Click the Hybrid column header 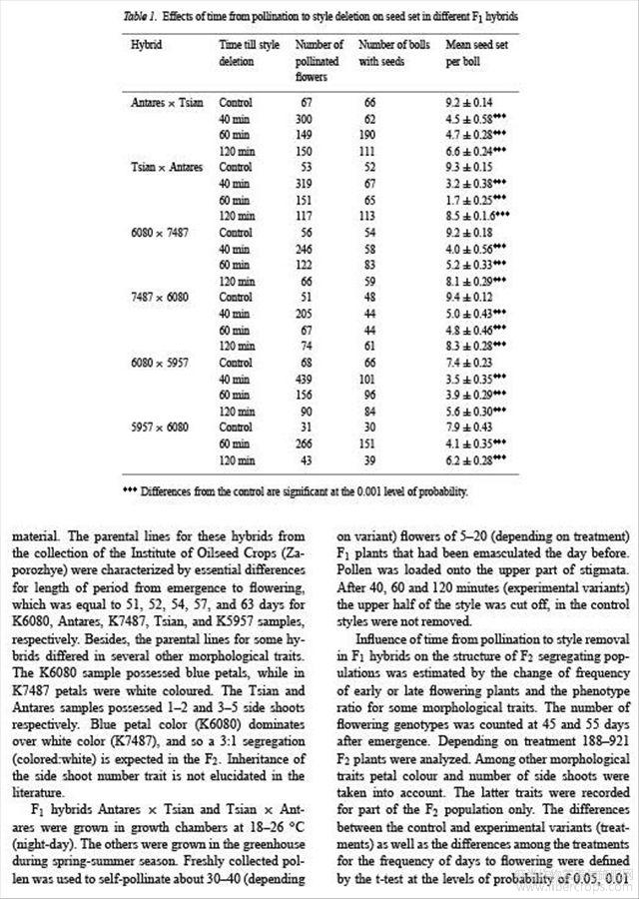click(146, 46)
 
